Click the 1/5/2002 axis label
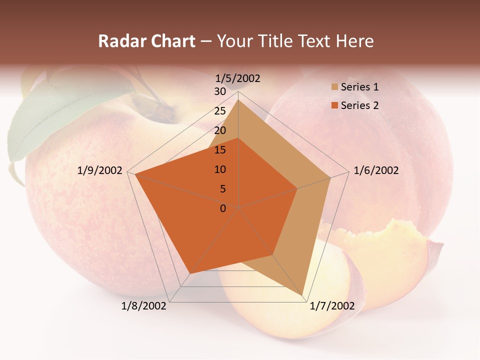tap(237, 78)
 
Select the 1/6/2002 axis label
tap(376, 171)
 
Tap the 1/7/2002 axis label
tap(332, 306)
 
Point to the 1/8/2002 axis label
tap(144, 306)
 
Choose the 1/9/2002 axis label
tap(100, 171)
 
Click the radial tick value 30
tap(220, 91)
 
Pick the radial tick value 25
tap(220, 111)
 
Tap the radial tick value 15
tap(220, 150)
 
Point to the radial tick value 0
tap(223, 208)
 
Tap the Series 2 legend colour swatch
tap(334, 105)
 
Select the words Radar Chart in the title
tap(146, 41)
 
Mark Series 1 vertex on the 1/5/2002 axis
tap(238, 99)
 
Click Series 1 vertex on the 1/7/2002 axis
tap(303, 295)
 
